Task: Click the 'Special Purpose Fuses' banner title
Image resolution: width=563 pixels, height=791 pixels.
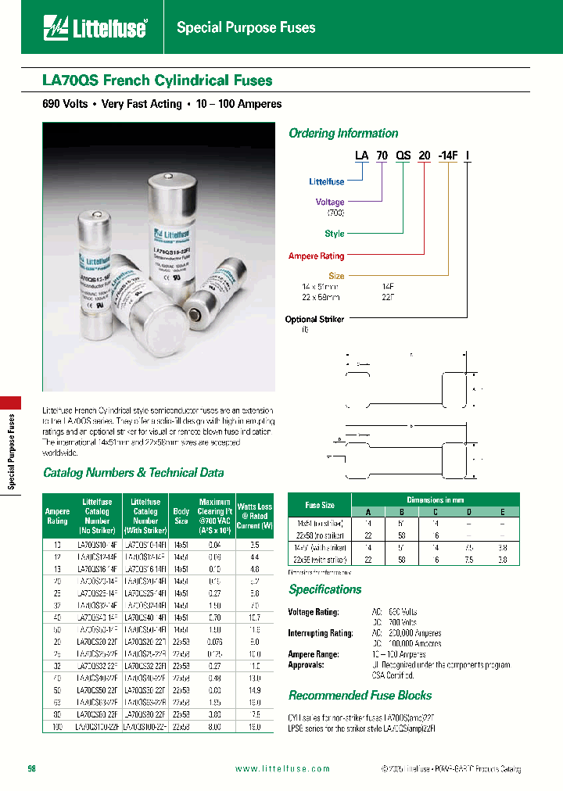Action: [246, 28]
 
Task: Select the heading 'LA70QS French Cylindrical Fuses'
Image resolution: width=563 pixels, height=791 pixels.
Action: [157, 81]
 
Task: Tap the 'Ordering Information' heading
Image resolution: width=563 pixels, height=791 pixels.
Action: [343, 134]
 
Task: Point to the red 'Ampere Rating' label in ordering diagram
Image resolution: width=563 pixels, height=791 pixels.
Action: [316, 256]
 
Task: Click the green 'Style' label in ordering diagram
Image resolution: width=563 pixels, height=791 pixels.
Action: [334, 234]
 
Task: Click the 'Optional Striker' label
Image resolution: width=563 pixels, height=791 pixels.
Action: [314, 320]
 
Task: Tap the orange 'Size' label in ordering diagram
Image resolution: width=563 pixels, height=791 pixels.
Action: [336, 276]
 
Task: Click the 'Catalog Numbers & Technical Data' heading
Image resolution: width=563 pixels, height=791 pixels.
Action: [133, 473]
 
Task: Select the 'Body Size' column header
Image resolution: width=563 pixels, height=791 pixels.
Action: [181, 516]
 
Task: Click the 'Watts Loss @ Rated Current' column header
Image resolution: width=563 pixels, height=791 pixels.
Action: [254, 516]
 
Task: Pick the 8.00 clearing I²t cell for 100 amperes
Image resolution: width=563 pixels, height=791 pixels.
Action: [214, 726]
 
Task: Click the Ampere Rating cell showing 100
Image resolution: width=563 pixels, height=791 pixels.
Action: [57, 726]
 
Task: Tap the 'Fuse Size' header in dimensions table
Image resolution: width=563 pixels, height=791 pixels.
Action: [319, 505]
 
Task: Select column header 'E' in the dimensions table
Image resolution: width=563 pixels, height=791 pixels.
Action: [503, 511]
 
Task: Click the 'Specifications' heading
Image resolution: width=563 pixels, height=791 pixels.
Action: [325, 590]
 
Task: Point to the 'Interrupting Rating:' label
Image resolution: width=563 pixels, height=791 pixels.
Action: [321, 633]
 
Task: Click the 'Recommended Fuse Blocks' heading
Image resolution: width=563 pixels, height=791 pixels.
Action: [360, 696]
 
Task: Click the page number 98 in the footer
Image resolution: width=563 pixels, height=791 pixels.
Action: [32, 768]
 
